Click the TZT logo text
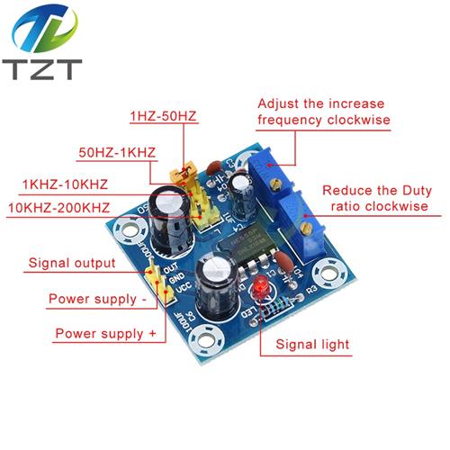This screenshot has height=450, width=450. click(x=42, y=69)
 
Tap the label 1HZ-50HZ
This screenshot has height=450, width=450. click(x=163, y=116)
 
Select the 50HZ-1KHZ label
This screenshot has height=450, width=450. click(x=117, y=152)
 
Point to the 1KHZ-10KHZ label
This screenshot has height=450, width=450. click(x=65, y=184)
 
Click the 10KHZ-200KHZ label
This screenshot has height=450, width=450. click(x=58, y=208)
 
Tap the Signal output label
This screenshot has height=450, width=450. click(x=72, y=263)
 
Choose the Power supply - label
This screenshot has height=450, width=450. click(x=98, y=299)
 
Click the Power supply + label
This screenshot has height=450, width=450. click(x=106, y=334)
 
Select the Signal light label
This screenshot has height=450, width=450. click(x=312, y=344)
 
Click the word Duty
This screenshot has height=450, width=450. click(x=417, y=191)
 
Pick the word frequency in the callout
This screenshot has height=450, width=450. click(x=290, y=120)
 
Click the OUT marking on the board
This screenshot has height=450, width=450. click(x=171, y=268)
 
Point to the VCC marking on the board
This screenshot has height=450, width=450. click(x=184, y=287)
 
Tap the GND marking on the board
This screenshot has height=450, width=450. click(x=177, y=278)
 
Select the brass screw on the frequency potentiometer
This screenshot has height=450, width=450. click(x=274, y=184)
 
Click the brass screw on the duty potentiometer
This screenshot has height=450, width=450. click(x=306, y=229)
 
